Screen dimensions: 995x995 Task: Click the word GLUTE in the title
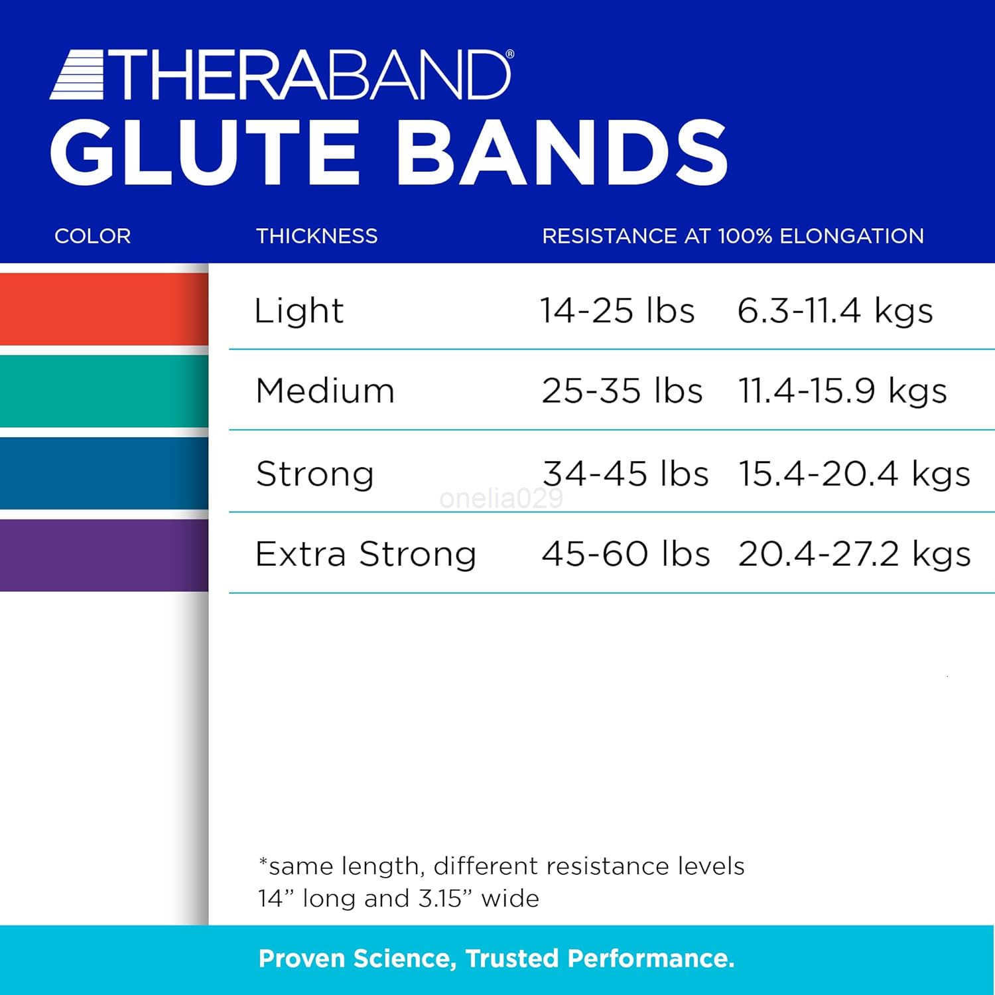[204, 153]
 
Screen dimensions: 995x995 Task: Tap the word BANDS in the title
[562, 153]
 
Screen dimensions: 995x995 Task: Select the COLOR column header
[92, 236]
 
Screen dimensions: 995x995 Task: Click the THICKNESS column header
[316, 236]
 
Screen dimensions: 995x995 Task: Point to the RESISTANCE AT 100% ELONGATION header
[732, 236]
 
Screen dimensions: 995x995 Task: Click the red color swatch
[103, 309]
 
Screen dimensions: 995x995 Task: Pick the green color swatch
[103, 391]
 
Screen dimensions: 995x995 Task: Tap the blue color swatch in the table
[103, 473]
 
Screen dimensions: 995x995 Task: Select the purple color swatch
[103, 555]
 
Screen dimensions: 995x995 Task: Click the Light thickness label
[298, 310]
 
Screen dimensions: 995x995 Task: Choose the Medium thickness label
[325, 391]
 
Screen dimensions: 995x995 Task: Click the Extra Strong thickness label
[365, 554]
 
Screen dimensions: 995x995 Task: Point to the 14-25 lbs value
[617, 310]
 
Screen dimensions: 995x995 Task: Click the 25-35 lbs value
[622, 391]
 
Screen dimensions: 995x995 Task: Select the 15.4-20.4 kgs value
[854, 474]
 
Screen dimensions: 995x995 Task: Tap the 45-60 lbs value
[626, 554]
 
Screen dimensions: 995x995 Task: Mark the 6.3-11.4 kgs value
[834, 310]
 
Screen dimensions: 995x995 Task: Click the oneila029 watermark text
[501, 498]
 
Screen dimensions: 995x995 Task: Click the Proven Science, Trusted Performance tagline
[496, 959]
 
